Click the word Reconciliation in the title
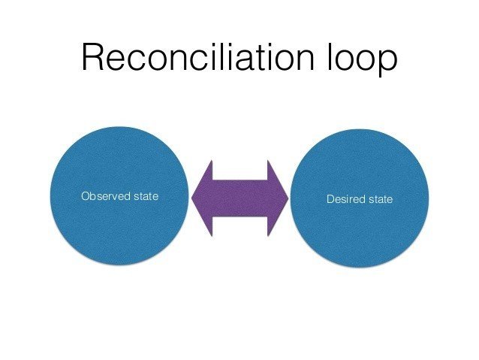pyautogui.click(x=198, y=57)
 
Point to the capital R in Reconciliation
pyautogui.click(x=93, y=57)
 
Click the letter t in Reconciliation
pyautogui.click(x=261, y=58)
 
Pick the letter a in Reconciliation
pyautogui.click(x=245, y=61)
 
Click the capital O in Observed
pyautogui.click(x=86, y=196)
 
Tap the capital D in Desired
pyautogui.click(x=330, y=199)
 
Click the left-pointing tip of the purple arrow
pyautogui.click(x=192, y=198)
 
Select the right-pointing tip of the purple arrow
pyautogui.click(x=288, y=198)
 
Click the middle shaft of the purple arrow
pyautogui.click(x=239, y=198)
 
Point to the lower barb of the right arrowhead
pyautogui.click(x=268, y=236)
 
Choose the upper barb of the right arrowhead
pyautogui.click(x=268, y=161)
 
